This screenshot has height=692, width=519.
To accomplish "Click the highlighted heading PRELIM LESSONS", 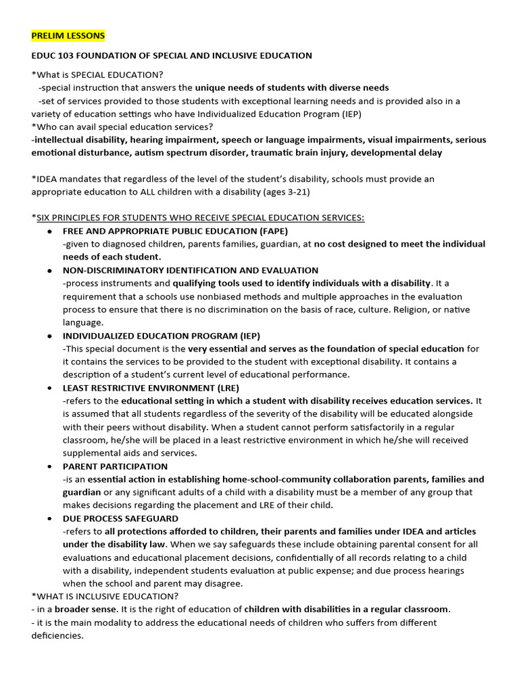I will (x=68, y=35).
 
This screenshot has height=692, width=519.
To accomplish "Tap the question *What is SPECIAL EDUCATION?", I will (x=97, y=74).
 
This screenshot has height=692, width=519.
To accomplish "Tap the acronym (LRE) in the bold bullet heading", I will (x=226, y=388).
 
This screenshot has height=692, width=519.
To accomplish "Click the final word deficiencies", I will (x=56, y=635).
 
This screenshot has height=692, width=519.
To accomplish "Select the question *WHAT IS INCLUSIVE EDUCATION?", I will (x=105, y=596).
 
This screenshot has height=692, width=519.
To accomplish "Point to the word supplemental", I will (x=91, y=453).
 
